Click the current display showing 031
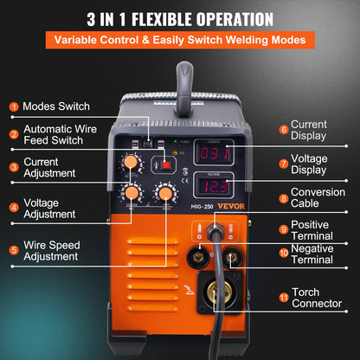coord(212,153)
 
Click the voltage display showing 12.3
coord(212,186)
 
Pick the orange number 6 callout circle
coord(283,130)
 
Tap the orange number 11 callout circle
coord(283,297)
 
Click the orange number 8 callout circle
coord(283,197)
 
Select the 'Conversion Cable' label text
coord(318,198)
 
